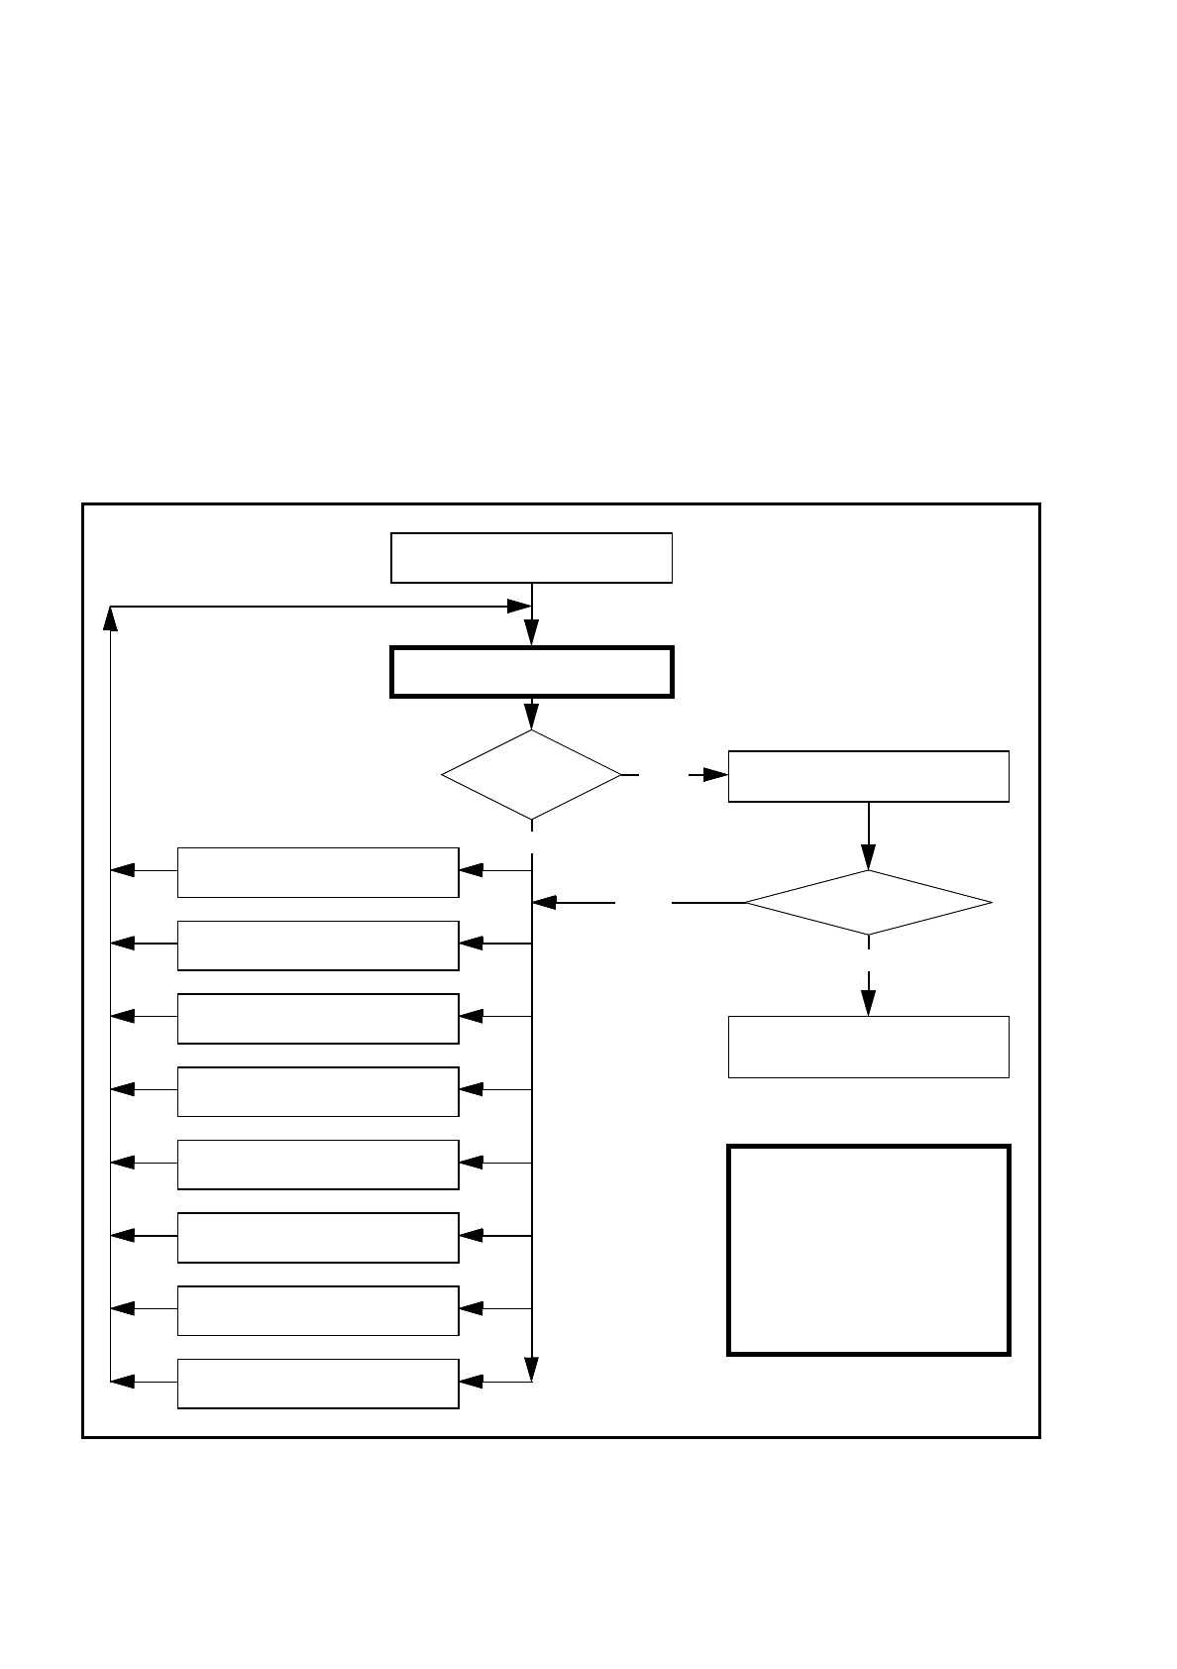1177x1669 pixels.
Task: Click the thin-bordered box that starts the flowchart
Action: point(531,558)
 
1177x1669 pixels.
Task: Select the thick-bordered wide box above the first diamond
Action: point(531,672)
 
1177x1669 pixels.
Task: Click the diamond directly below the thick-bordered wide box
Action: point(531,775)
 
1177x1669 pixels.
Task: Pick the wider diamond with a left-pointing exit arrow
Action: point(868,902)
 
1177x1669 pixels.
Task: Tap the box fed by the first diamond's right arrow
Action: point(868,776)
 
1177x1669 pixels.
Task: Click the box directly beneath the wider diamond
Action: point(868,1047)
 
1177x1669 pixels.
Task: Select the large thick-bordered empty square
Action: point(868,1250)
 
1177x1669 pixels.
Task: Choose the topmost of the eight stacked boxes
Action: point(317,872)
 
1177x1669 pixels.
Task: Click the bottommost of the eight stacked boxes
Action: point(317,1383)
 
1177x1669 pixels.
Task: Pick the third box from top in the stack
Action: point(317,1018)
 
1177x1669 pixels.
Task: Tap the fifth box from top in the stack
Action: point(317,1164)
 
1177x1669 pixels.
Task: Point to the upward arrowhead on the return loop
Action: point(110,619)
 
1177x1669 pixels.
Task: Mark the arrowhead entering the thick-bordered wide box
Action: point(531,633)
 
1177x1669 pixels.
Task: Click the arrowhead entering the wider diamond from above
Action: point(868,856)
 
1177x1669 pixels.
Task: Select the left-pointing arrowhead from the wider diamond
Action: point(544,903)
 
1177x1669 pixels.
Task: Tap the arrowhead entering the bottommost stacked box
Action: point(472,1382)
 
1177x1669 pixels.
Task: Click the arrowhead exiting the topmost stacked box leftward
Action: point(122,871)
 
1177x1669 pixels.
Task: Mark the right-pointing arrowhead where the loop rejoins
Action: point(519,606)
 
